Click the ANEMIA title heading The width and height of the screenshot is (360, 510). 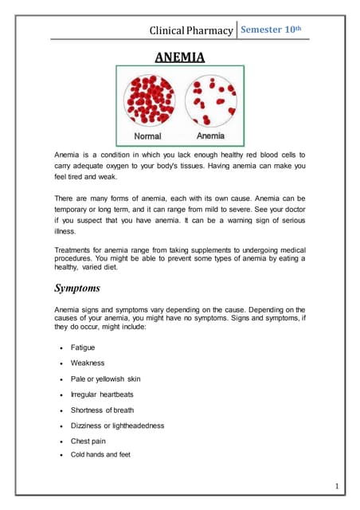click(x=179, y=57)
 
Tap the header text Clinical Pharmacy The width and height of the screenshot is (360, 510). click(x=191, y=31)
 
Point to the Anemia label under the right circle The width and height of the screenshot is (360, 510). click(x=210, y=136)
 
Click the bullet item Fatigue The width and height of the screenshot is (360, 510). click(x=83, y=347)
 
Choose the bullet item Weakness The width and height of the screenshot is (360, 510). click(x=88, y=363)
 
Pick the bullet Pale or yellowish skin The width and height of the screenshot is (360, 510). click(x=105, y=379)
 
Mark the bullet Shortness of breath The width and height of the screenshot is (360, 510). click(x=102, y=410)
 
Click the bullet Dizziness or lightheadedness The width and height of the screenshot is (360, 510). click(x=117, y=426)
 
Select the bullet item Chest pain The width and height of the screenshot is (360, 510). click(x=88, y=441)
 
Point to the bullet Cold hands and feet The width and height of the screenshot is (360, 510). click(x=100, y=454)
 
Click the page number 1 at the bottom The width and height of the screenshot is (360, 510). click(x=337, y=485)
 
